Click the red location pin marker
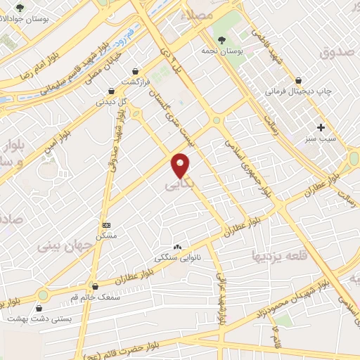(181, 165)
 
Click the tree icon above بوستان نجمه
(222, 40)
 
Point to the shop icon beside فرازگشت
(136, 71)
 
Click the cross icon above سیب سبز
(321, 127)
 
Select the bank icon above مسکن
(106, 224)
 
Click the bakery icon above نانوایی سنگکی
(176, 247)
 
